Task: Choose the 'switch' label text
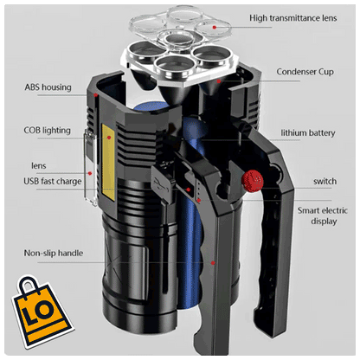[324, 181]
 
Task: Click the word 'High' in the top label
[261, 18]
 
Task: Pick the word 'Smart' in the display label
[311, 210]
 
